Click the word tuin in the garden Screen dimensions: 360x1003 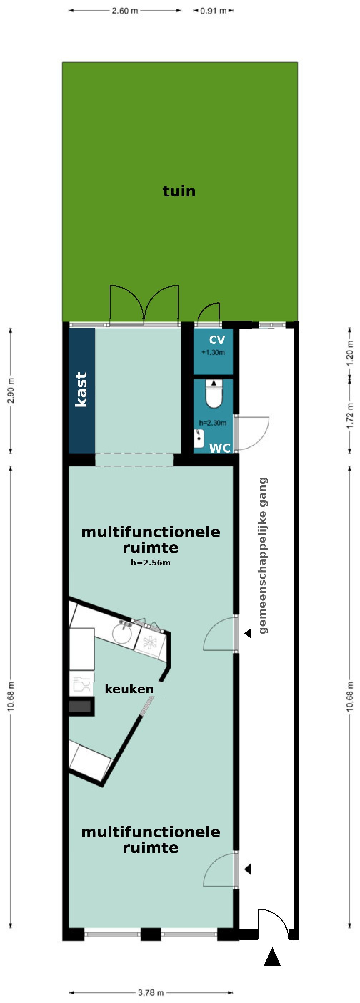(179, 191)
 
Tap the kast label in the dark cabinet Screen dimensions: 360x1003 (81, 389)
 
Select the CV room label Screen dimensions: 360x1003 (217, 340)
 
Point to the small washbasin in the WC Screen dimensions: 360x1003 (199, 438)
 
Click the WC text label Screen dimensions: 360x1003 (220, 448)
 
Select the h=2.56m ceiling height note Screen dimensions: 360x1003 (151, 563)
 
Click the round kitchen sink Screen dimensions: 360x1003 (122, 633)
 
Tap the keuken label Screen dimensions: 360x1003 (129, 689)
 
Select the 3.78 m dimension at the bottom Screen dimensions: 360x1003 (151, 993)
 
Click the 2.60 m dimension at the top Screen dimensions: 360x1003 (125, 10)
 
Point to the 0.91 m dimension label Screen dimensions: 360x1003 (213, 10)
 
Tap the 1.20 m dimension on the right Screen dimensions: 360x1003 (350, 353)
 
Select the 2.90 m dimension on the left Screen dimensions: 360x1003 (11, 390)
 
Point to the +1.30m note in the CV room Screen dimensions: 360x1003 (213, 353)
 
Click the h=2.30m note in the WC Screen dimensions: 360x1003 (212, 423)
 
